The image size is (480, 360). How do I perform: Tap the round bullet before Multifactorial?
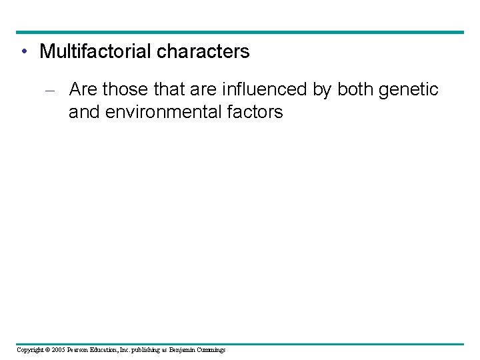pos(23,51)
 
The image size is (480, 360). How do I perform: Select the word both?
pos(357,89)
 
